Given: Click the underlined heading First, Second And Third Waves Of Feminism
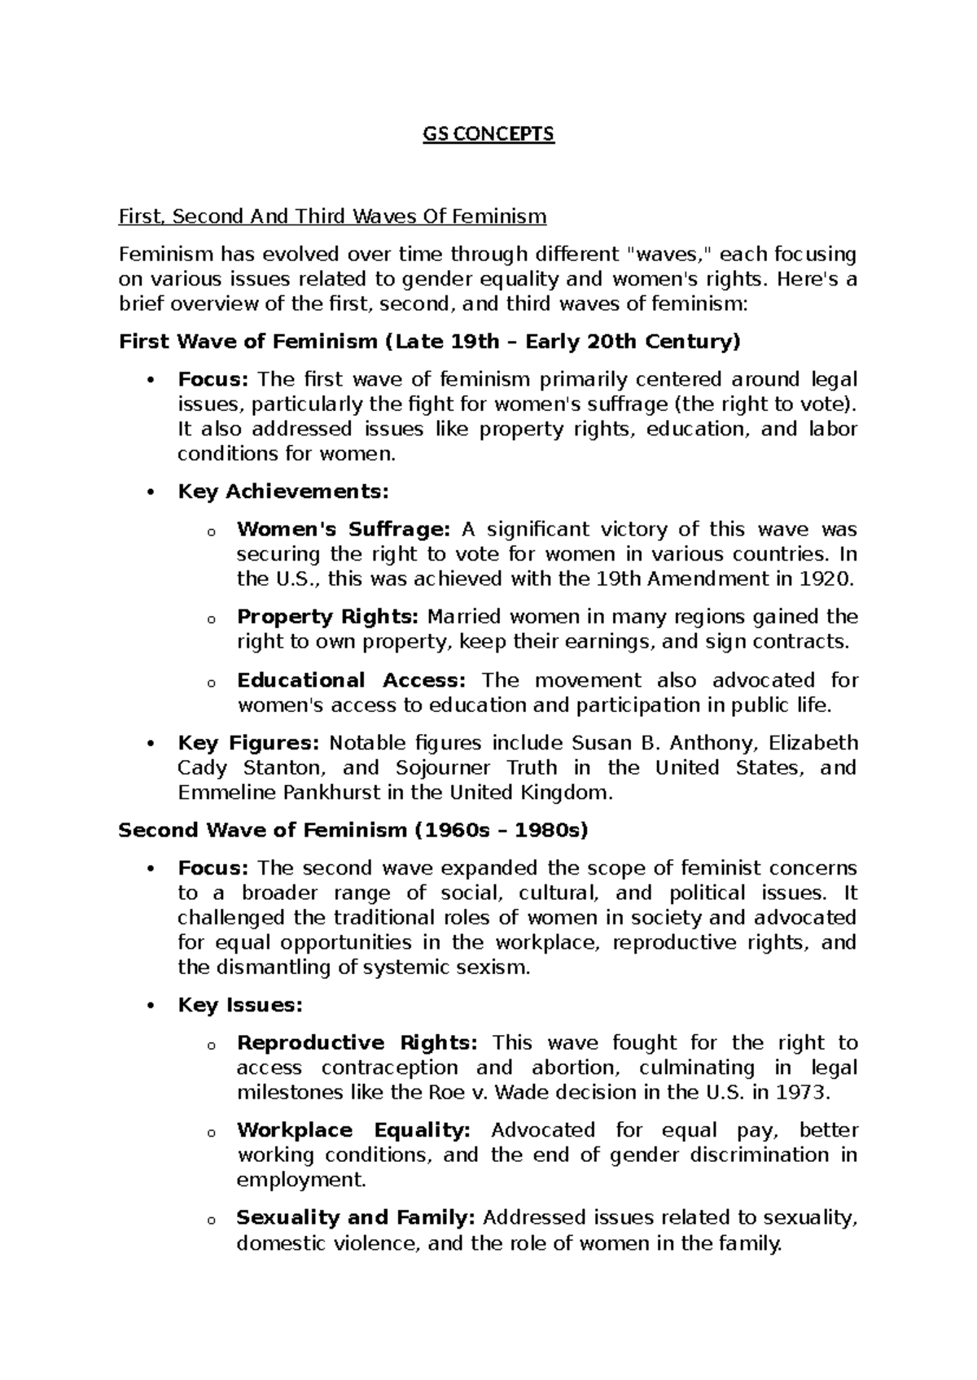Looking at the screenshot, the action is point(332,216).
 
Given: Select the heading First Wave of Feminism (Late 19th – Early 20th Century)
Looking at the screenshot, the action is point(430,342).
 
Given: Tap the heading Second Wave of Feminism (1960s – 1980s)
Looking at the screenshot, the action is point(353,830).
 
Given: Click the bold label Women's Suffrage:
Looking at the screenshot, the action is point(343,530).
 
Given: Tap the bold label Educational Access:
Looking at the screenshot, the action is point(351,679).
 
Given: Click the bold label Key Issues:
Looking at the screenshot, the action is point(239,1005).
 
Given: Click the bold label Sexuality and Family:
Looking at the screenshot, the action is point(355,1217).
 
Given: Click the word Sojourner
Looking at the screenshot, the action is point(443,767).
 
